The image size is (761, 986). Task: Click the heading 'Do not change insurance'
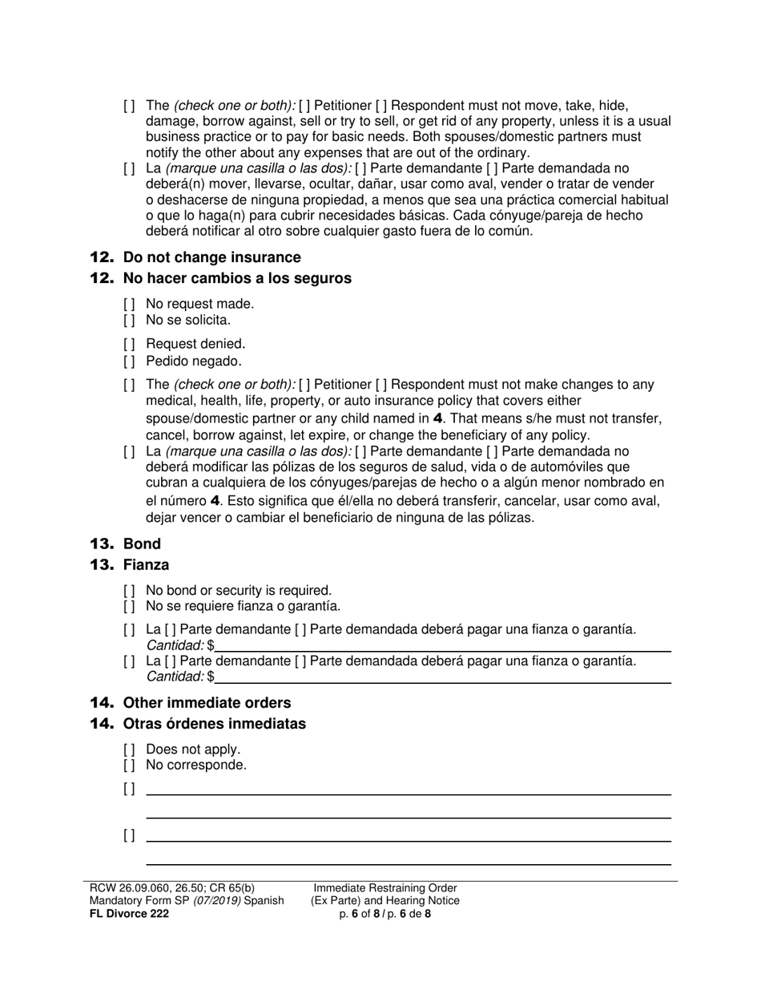(211, 257)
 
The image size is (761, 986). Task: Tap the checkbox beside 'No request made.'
(130, 305)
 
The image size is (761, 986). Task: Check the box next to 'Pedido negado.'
(130, 362)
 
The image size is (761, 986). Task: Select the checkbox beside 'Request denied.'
(130, 346)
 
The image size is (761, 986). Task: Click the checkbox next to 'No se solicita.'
(130, 321)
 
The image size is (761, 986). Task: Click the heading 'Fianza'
(146, 565)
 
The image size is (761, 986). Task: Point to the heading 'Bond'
(142, 544)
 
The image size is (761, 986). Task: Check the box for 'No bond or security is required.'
(130, 591)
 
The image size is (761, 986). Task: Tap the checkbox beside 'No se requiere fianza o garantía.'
(130, 607)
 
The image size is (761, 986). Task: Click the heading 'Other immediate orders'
(207, 703)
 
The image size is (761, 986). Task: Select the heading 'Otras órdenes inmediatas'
(214, 724)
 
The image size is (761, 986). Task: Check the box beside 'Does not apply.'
(130, 750)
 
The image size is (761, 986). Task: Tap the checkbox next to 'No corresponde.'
(130, 766)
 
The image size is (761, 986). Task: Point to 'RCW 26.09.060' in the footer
(120, 888)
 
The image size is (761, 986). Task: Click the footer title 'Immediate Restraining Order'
(385, 888)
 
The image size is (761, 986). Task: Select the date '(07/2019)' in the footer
(214, 901)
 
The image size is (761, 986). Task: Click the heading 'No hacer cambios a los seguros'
(236, 278)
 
